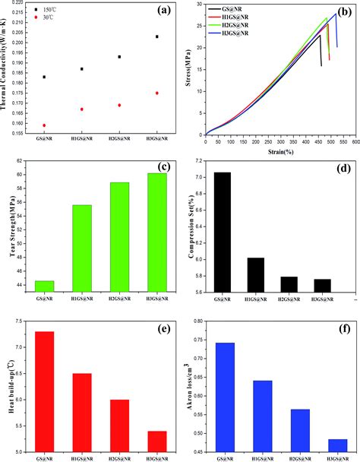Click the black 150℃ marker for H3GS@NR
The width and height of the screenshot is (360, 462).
[x=157, y=36]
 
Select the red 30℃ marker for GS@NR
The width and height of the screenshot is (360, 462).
[x=44, y=125]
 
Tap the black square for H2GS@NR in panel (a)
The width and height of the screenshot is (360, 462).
[x=119, y=56]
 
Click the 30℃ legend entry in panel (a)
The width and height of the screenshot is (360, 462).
[x=45, y=17]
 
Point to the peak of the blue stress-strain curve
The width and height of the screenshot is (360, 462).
[x=336, y=14]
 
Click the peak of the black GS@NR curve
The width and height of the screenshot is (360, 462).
[x=320, y=35]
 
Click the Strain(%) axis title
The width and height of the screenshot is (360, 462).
[x=280, y=152]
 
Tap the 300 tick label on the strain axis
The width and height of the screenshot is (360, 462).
[x=281, y=142]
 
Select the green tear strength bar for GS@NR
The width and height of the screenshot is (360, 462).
[x=44, y=286]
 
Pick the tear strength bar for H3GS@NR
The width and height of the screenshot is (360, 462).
[x=157, y=233]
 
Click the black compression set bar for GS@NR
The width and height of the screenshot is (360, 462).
[x=223, y=233]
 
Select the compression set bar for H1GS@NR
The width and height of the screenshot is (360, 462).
[x=256, y=275]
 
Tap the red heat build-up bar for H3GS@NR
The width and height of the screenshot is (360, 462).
[x=157, y=441]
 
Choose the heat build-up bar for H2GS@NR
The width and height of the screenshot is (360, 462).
[x=119, y=426]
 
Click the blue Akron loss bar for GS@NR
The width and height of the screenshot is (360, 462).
[x=225, y=397]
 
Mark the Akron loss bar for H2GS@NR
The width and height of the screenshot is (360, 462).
[x=300, y=431]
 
